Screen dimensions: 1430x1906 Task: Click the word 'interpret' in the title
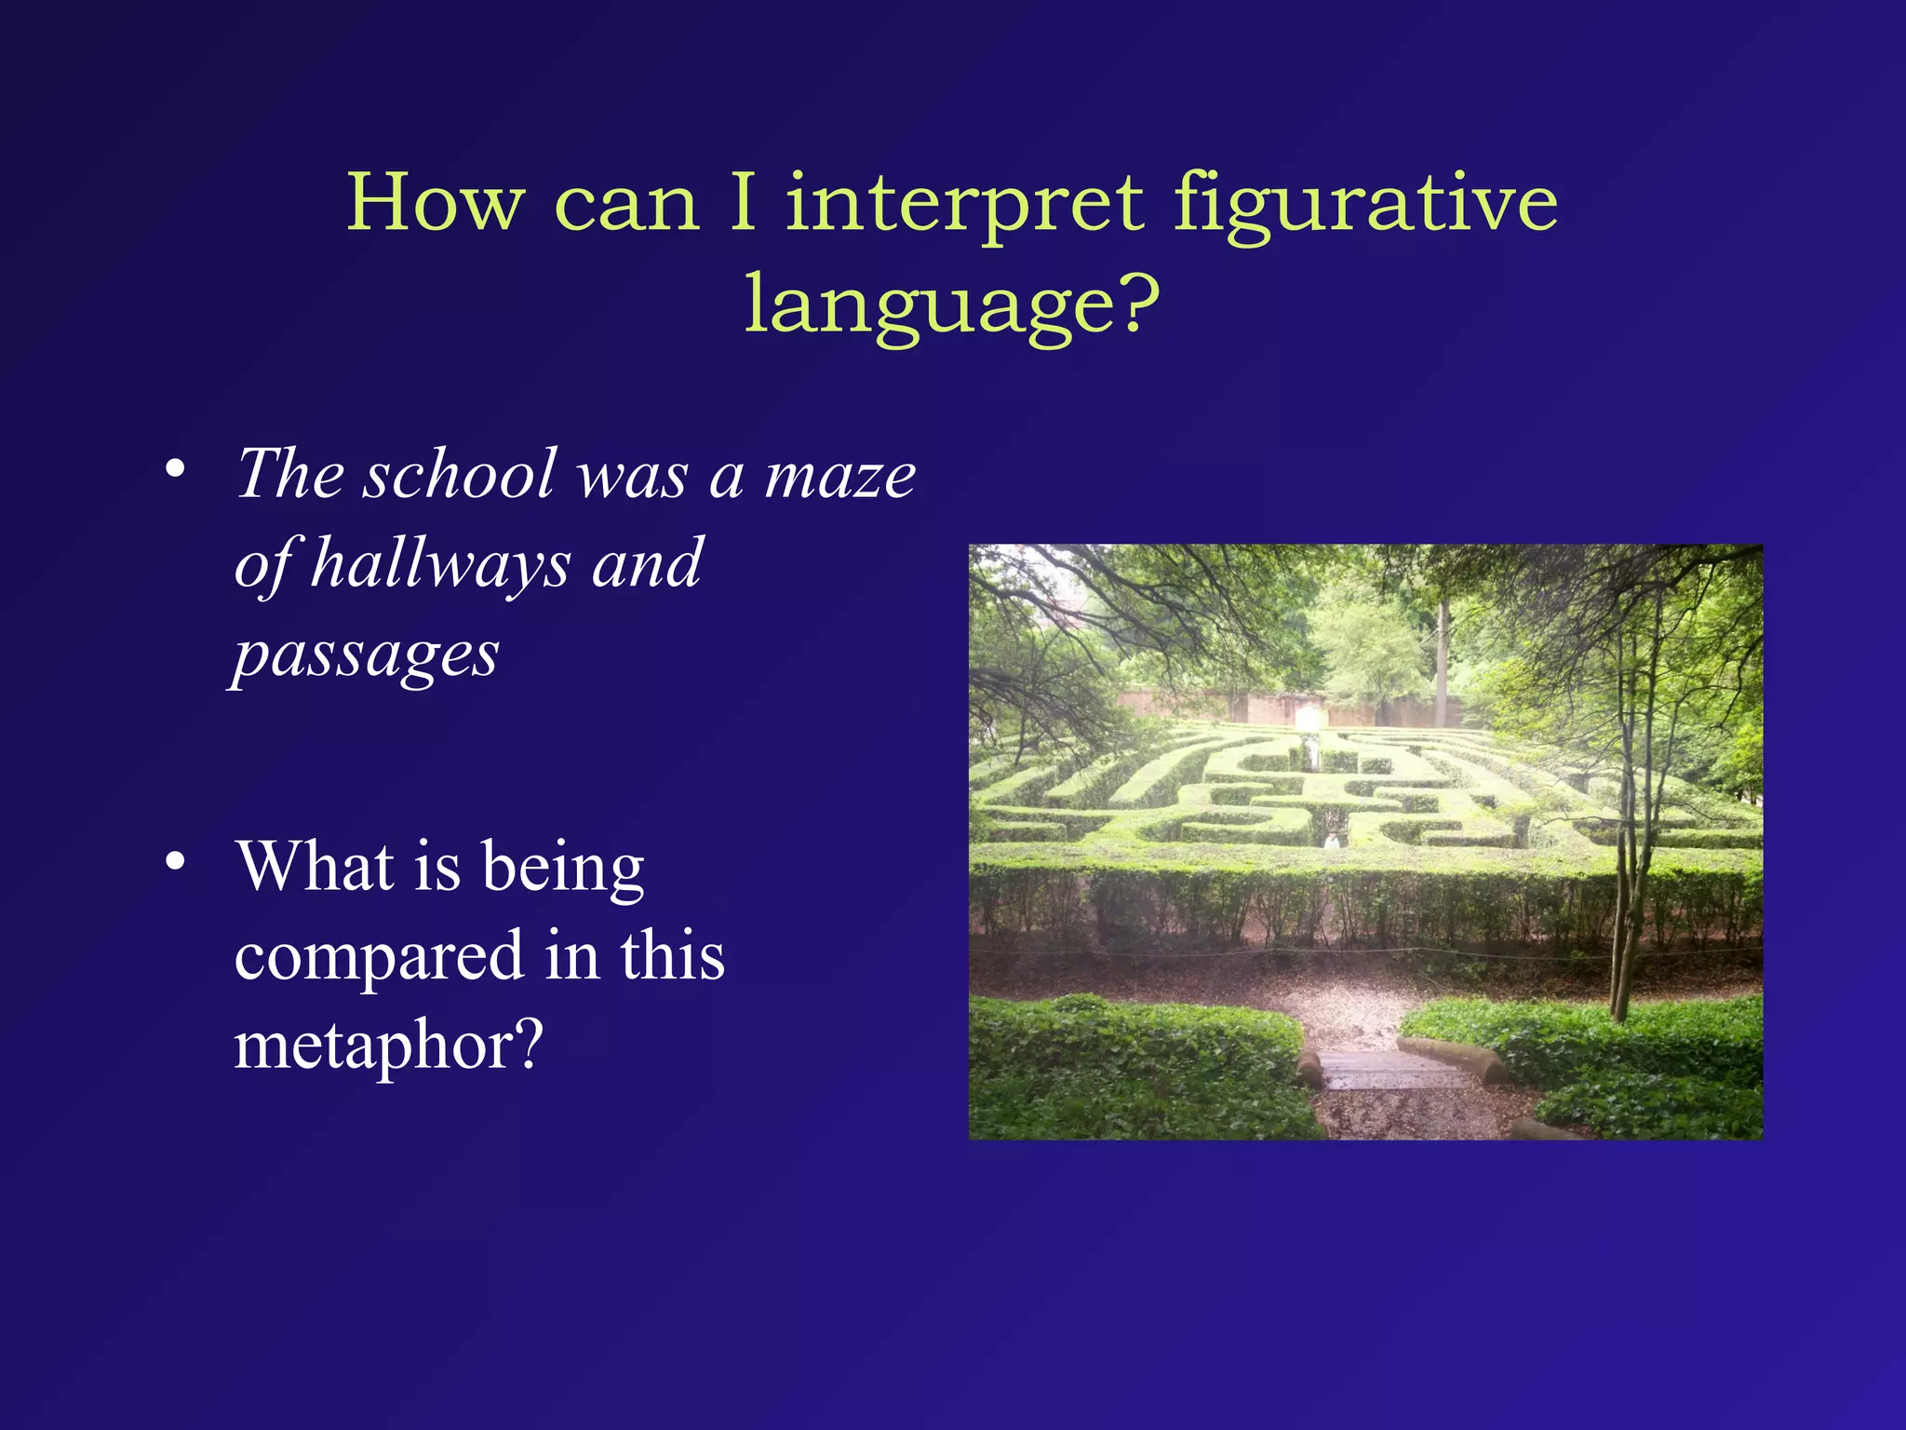(x=964, y=204)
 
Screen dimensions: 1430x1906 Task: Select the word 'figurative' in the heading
(x=1364, y=204)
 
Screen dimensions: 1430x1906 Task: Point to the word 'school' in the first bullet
(x=460, y=475)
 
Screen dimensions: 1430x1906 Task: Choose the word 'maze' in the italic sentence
(x=840, y=475)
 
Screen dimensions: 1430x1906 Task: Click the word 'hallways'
(x=439, y=564)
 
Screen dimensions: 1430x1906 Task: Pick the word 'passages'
(x=367, y=654)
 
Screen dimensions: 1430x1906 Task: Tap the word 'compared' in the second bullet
(x=380, y=956)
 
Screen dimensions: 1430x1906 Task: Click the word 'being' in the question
(x=563, y=867)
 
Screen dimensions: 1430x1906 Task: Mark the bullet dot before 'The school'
(x=175, y=468)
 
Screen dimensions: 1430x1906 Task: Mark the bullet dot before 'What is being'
(x=175, y=861)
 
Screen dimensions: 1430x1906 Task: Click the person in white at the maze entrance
(x=1332, y=840)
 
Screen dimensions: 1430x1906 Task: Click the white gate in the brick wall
(x=1308, y=718)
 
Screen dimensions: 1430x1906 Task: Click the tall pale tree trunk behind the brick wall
(x=1443, y=661)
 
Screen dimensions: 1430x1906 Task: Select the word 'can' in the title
(x=625, y=204)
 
